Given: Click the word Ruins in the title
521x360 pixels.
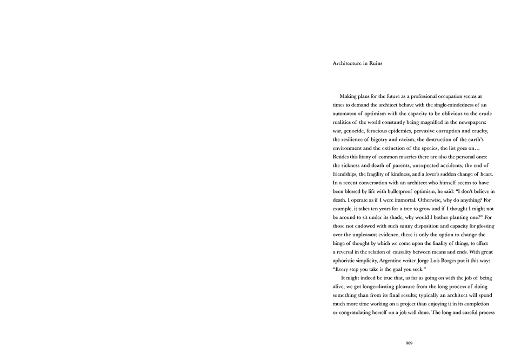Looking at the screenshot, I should click(375, 64).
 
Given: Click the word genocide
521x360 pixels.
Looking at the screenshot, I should click(358, 132).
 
